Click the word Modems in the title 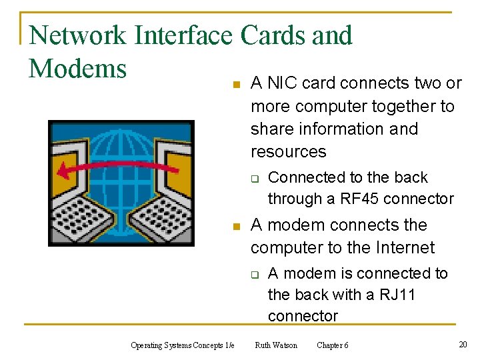coord(78,69)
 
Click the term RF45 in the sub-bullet coord(357,199)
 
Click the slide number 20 coord(463,344)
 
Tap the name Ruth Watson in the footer coord(276,345)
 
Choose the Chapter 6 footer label coord(332,345)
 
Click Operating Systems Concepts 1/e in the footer coord(182,345)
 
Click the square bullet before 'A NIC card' coord(234,85)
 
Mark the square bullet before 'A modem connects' coord(234,227)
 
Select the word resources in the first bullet coord(288,152)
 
